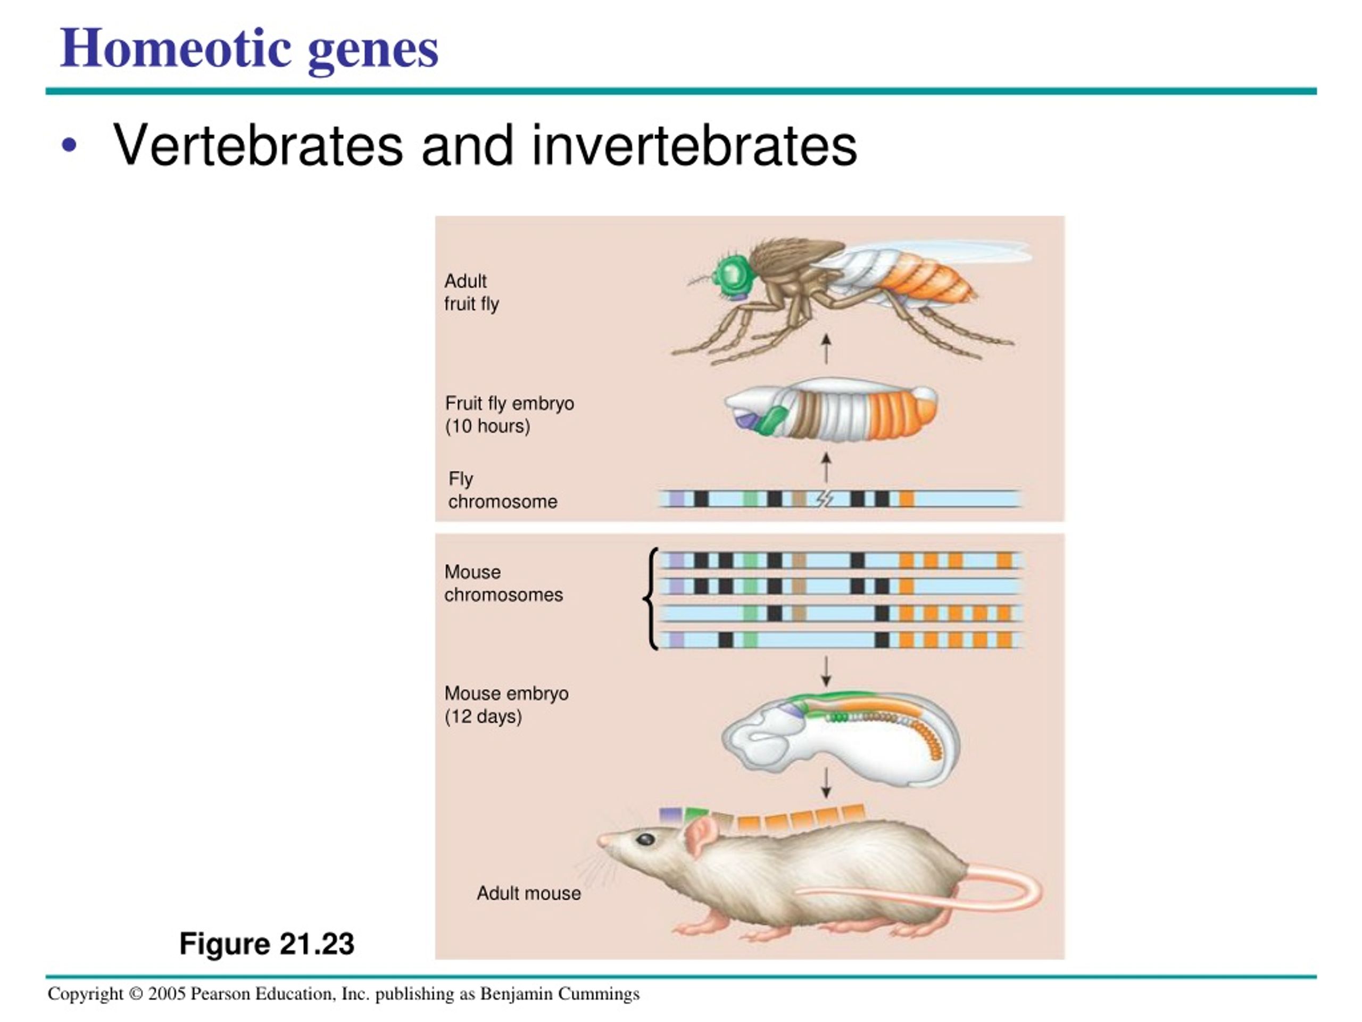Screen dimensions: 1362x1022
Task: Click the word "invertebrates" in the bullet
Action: coord(694,145)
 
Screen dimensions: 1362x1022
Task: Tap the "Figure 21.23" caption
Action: coord(267,943)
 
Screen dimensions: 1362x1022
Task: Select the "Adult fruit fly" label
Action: coord(472,292)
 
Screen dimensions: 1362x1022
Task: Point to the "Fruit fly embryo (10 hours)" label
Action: coord(509,415)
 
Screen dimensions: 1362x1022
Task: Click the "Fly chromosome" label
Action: coord(502,490)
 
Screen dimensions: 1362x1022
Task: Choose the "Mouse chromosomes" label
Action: coord(503,583)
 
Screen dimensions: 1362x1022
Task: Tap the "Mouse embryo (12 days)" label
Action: coord(506,705)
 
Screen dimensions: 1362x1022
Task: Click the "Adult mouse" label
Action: coord(528,893)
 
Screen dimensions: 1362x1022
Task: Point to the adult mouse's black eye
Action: coord(646,838)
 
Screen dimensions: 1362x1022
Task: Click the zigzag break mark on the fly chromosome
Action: coord(825,498)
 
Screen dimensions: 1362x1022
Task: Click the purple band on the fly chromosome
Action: coord(677,498)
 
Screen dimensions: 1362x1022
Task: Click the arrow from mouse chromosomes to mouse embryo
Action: coord(826,671)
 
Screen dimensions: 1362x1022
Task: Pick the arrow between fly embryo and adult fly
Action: coord(826,349)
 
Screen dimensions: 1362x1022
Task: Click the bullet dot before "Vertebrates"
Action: coord(70,146)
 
